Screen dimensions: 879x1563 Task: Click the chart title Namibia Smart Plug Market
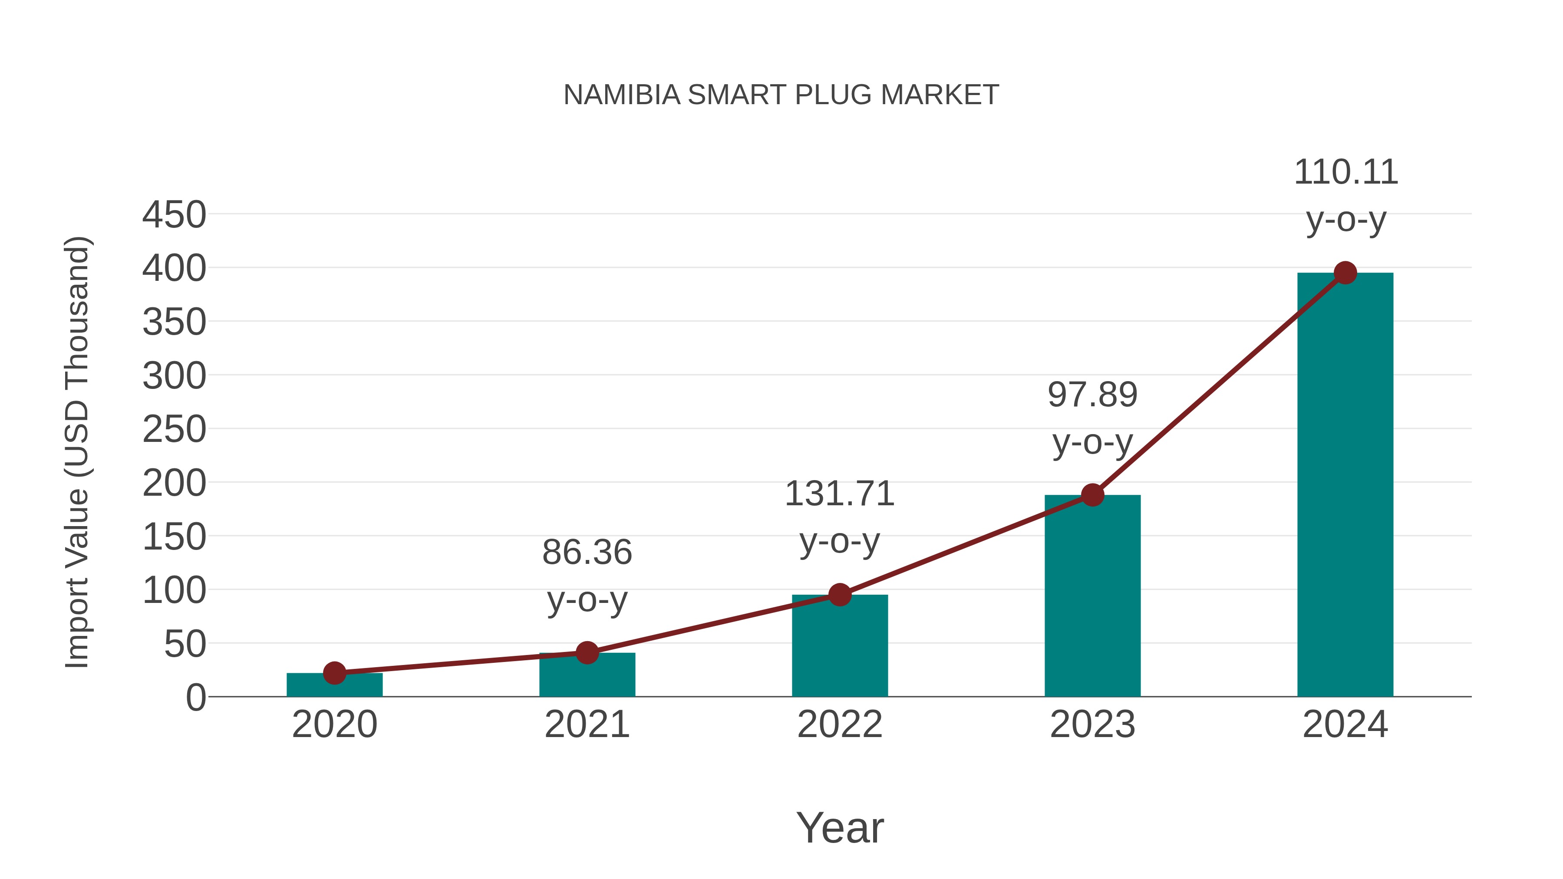781,95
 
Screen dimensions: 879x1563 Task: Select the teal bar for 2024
1345,485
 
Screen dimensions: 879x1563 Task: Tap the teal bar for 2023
1092,598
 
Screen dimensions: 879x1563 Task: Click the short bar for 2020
334,685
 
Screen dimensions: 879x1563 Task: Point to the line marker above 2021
587,653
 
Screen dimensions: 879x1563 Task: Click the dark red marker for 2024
1345,273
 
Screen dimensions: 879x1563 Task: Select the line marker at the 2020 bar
334,673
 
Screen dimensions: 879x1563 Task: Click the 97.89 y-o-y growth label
1092,418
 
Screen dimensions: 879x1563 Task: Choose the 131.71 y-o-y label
840,517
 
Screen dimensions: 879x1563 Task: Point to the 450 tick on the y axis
174,215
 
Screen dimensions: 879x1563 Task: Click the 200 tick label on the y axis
174,484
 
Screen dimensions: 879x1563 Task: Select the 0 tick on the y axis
195,698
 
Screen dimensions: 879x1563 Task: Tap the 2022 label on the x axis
840,724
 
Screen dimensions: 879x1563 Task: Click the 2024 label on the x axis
1345,724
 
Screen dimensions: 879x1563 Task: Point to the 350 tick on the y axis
174,322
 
